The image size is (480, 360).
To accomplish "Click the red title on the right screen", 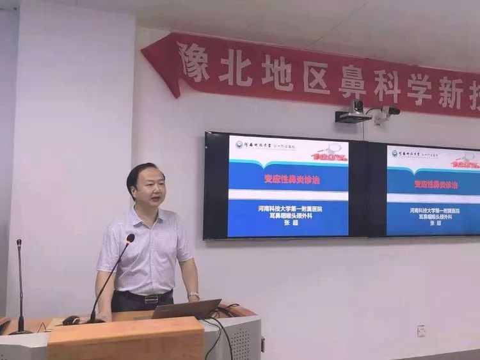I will [x=435, y=184].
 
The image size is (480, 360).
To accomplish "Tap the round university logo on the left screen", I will [x=239, y=145].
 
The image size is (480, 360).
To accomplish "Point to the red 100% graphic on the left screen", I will [x=329, y=155].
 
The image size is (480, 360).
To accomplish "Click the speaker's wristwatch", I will [x=193, y=295].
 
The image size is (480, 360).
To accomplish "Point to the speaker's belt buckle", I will [x=152, y=299].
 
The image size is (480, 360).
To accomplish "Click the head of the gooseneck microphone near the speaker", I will [x=130, y=239].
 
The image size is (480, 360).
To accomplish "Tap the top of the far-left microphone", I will [x=19, y=244].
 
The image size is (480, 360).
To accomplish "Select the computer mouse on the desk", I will [x=71, y=320].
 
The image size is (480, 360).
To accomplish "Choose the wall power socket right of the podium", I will [x=422, y=331].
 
